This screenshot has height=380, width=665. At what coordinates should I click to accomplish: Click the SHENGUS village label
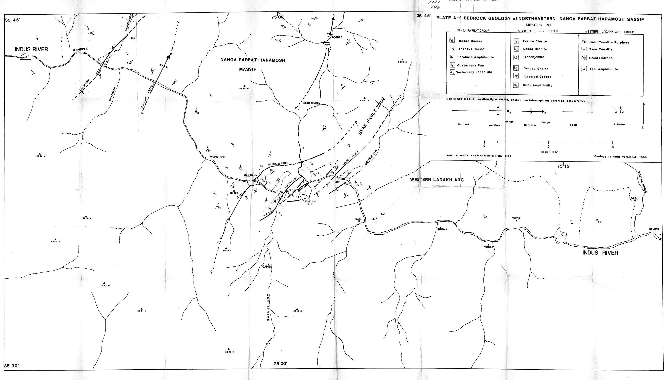(x=82, y=49)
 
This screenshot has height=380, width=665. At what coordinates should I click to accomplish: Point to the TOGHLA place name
(x=337, y=38)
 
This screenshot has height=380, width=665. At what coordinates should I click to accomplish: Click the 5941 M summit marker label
(x=142, y=311)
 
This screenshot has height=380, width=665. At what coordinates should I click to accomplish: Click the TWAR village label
(x=516, y=219)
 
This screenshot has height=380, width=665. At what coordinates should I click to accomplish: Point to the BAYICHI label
(x=654, y=229)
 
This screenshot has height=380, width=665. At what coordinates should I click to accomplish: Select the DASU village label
(x=634, y=198)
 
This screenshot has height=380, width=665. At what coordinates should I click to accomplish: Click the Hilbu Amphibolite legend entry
(x=537, y=85)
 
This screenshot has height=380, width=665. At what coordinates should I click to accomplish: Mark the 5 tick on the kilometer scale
(x=548, y=146)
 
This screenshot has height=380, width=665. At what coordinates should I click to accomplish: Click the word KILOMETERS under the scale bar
(x=550, y=152)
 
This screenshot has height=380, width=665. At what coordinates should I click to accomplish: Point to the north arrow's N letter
(x=643, y=128)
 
